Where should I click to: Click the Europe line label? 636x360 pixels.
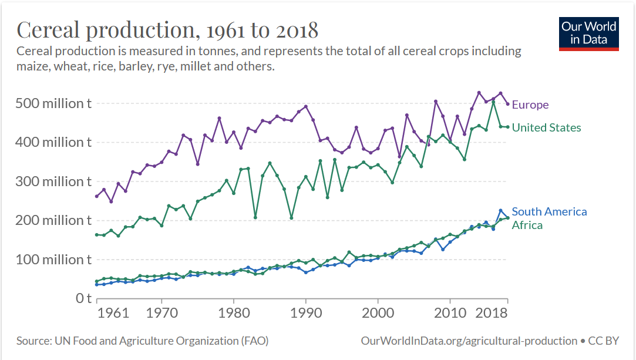530,105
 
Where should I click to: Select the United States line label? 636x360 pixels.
546,127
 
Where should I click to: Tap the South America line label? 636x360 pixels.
549,211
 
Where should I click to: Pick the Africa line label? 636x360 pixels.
527,225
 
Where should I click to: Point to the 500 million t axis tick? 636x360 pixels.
53,103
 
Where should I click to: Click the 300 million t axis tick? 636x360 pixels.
53,181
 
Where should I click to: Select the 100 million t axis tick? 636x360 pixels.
53,260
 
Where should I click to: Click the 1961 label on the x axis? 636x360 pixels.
113,312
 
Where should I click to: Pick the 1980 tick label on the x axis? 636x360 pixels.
234,312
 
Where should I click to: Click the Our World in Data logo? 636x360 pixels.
588,33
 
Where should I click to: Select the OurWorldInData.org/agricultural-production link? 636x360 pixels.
469,341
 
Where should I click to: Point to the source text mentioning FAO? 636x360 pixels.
142,341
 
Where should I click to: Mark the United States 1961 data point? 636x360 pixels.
97,235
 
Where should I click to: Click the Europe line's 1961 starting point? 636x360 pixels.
97,196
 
